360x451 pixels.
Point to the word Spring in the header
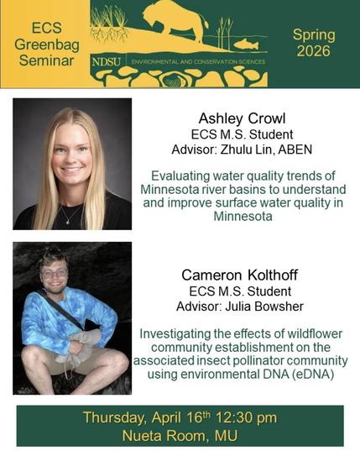(313, 34)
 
